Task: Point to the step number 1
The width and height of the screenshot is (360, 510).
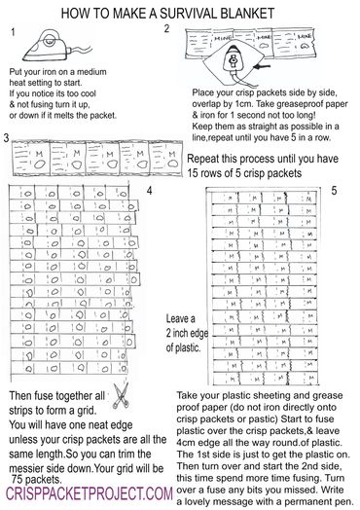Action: pos(13,32)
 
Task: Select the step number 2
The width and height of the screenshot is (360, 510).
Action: pos(167,30)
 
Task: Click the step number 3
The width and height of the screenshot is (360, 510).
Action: pos(7,139)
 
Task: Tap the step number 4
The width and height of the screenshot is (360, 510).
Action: pos(149,191)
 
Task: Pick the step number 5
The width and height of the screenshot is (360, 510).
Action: pos(333,191)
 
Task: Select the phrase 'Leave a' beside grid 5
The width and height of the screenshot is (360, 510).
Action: pos(182,318)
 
